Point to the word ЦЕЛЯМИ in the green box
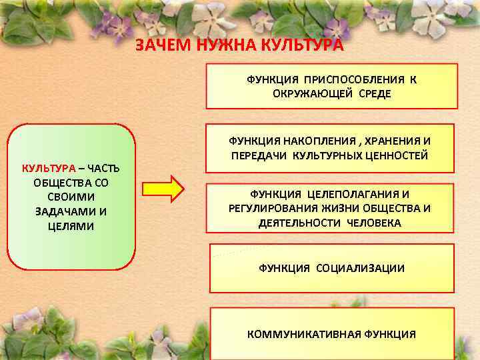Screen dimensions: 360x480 coord(71,226)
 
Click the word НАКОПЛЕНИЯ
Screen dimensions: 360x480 coord(316,141)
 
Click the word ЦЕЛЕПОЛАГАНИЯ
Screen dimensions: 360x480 coord(349,193)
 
